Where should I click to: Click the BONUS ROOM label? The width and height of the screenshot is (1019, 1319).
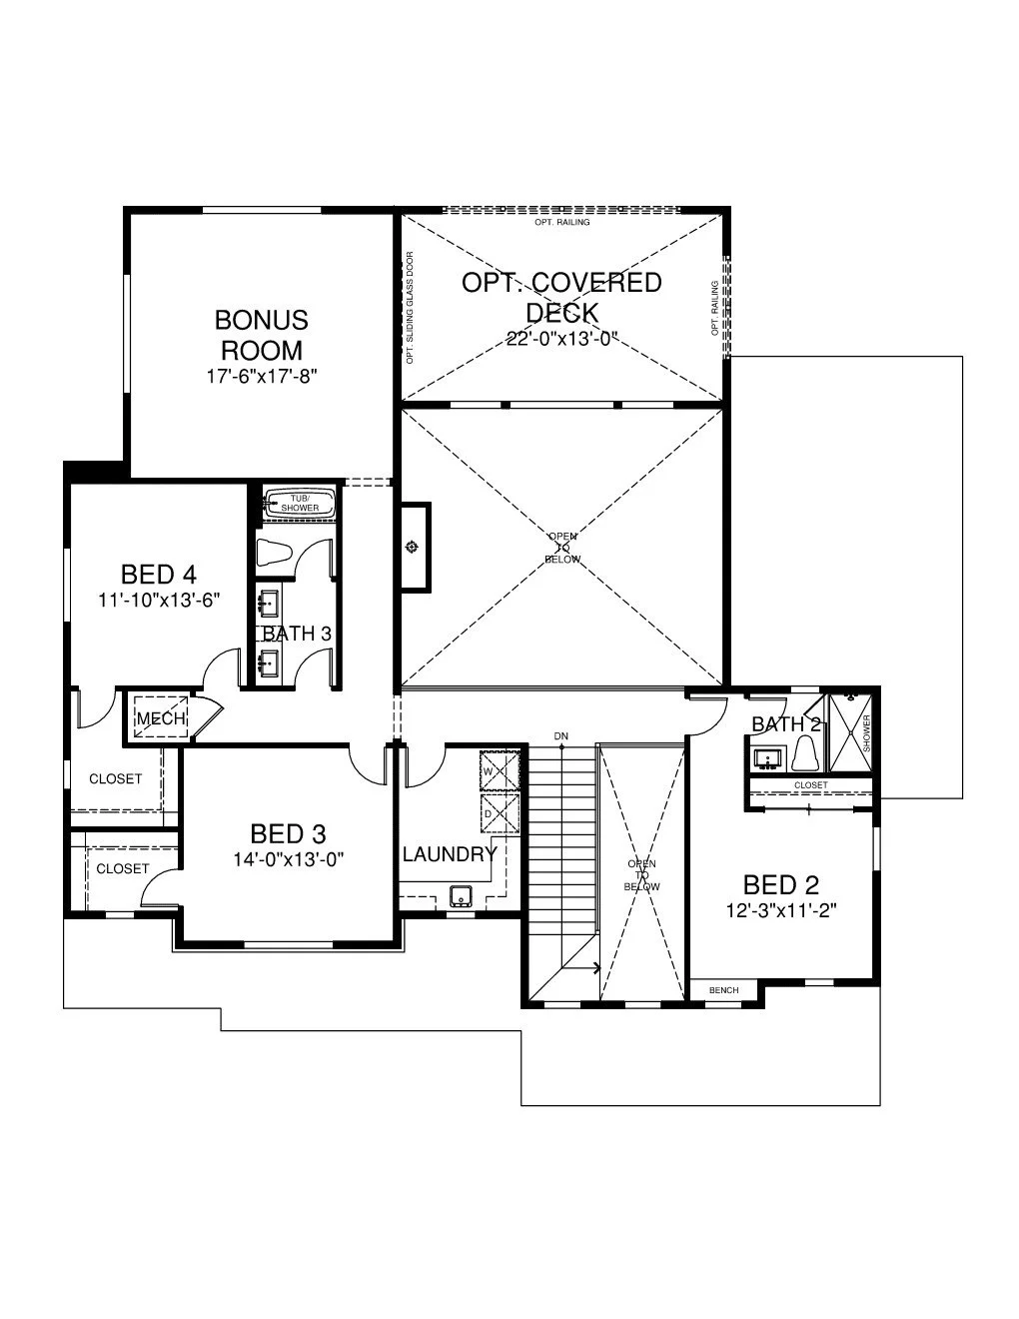click(261, 335)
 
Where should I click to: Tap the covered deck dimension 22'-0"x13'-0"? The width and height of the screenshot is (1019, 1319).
click(562, 339)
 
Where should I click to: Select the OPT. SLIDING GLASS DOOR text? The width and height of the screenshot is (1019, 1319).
click(410, 307)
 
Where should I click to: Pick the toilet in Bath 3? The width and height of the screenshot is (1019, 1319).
click(274, 553)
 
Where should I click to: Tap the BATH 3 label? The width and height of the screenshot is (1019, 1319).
click(297, 634)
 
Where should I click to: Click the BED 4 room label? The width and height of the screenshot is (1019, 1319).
click(158, 575)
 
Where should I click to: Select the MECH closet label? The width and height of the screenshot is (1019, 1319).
click(160, 718)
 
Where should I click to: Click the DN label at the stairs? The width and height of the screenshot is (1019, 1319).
click(561, 736)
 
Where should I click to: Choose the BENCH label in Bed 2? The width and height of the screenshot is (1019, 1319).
click(723, 990)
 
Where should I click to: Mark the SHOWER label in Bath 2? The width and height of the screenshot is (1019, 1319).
click(866, 734)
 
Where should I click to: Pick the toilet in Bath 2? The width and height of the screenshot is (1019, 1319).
click(805, 755)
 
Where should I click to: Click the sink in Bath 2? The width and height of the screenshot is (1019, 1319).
click(767, 757)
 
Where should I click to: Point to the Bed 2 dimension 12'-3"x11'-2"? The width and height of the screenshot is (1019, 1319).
click(780, 910)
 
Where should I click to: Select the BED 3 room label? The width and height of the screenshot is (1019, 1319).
click(288, 833)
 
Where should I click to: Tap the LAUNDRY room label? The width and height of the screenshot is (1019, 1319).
click(450, 854)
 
